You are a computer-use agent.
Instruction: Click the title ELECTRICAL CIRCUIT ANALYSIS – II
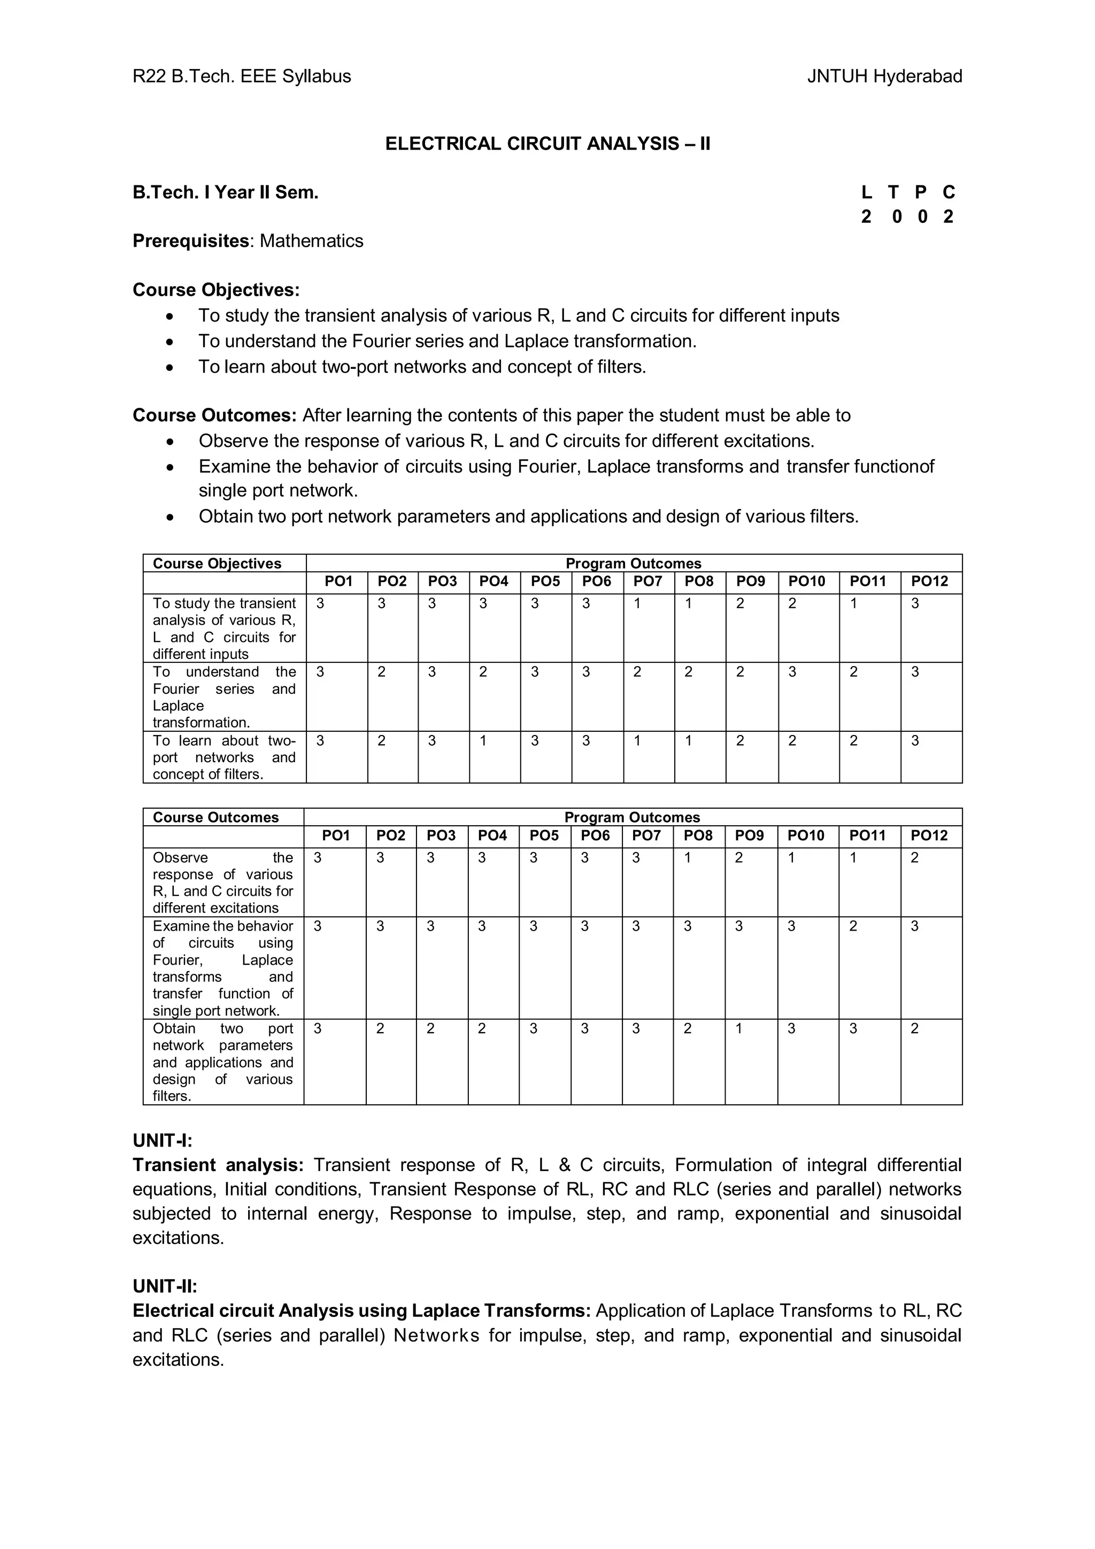click(547, 144)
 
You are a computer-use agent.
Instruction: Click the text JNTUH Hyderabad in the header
click(884, 76)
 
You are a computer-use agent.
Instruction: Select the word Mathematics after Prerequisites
click(311, 241)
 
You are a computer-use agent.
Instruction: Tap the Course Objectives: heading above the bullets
click(216, 290)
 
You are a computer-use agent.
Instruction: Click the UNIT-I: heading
click(163, 1140)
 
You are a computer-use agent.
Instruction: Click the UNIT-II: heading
click(165, 1286)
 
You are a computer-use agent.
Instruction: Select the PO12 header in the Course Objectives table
click(929, 582)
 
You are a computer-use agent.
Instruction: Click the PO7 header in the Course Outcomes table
click(646, 835)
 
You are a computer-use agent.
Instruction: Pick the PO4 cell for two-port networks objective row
click(483, 741)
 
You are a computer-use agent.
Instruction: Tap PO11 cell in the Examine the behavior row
click(853, 926)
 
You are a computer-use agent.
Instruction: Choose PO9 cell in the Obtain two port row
click(739, 1029)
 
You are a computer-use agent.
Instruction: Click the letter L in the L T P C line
click(866, 193)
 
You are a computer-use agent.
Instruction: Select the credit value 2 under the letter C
click(948, 216)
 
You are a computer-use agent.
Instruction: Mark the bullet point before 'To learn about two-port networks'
click(172, 367)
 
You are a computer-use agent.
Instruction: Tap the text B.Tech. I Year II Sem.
click(225, 193)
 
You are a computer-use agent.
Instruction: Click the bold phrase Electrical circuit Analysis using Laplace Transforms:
click(361, 1311)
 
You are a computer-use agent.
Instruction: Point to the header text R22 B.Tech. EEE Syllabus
click(242, 76)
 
